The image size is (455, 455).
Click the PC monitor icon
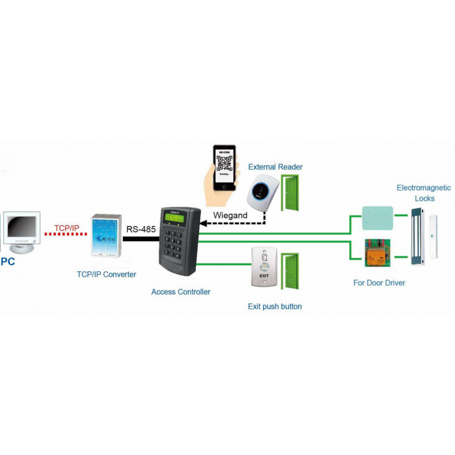[x=22, y=230]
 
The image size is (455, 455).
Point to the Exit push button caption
[x=275, y=307]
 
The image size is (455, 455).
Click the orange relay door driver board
[x=377, y=253]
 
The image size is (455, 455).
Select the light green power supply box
[x=377, y=217]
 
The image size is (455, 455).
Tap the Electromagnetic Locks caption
[x=424, y=193]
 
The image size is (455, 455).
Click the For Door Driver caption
[x=379, y=283]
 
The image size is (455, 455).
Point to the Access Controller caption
[x=181, y=292]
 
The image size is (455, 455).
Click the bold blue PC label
[x=7, y=262]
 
